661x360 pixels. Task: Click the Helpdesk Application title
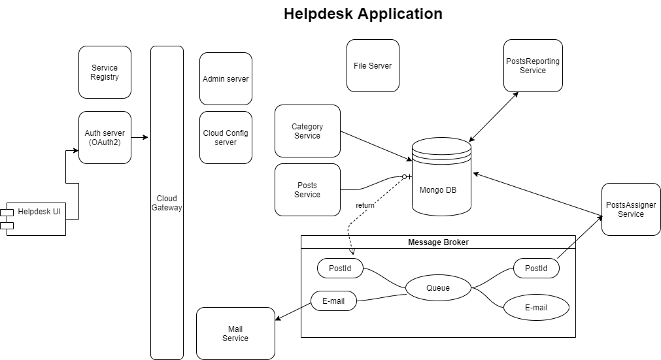click(x=363, y=14)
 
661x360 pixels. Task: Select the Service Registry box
click(x=105, y=72)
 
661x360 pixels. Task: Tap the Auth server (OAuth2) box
click(x=105, y=137)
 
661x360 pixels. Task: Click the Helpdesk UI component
click(x=37, y=218)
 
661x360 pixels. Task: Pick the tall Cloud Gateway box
click(x=167, y=203)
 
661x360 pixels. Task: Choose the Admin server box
click(x=226, y=78)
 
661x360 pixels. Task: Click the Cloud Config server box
click(x=226, y=137)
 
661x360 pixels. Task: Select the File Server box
click(x=373, y=65)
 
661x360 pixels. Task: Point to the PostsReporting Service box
click(x=533, y=65)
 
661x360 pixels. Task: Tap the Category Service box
click(x=307, y=131)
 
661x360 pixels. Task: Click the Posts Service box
click(x=307, y=189)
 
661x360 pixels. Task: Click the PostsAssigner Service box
click(x=631, y=209)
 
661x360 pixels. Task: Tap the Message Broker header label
click(x=438, y=242)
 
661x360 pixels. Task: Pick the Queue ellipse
click(x=438, y=287)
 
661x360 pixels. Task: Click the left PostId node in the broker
click(x=340, y=268)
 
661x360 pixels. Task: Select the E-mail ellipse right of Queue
click(x=536, y=307)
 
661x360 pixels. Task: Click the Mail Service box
click(x=235, y=333)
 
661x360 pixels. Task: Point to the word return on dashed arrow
click(x=365, y=205)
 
